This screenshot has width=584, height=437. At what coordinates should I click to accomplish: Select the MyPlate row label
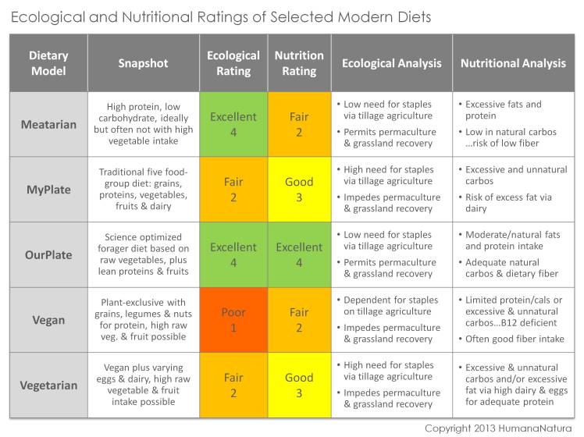point(48,190)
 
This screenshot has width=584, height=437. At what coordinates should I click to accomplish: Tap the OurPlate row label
point(48,254)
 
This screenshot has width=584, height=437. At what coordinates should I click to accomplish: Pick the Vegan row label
point(48,320)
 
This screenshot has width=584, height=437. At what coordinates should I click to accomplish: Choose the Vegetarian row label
point(48,385)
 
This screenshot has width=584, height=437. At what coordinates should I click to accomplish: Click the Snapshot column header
point(143,63)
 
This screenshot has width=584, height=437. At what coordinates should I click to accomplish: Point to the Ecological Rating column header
point(233,63)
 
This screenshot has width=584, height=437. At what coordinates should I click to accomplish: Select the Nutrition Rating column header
point(299,63)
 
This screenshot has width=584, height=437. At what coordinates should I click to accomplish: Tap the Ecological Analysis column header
point(391,63)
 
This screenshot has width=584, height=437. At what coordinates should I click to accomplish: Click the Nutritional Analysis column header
point(513,63)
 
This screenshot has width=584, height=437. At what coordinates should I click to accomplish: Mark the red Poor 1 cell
point(233,320)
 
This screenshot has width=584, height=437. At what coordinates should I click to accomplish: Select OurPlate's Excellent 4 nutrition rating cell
point(299,254)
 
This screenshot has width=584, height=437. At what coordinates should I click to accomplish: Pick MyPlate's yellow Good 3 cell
point(299,190)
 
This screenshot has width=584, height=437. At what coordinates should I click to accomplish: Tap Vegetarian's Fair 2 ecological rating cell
point(233,385)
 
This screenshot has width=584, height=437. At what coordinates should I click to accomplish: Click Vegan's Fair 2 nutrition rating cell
point(299,320)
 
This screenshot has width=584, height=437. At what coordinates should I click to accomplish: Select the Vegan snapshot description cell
point(143,320)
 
